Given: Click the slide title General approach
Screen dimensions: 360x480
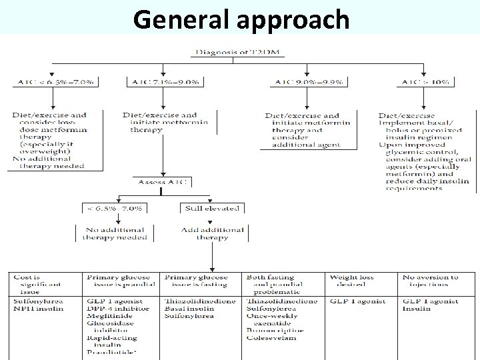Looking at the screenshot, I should pyautogui.click(x=241, y=19).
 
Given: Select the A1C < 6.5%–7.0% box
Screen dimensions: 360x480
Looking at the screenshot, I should pyautogui.click(x=55, y=82).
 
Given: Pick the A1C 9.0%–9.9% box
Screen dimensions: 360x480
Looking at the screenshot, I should pyautogui.click(x=307, y=82).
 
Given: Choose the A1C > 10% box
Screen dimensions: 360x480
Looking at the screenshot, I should pyautogui.click(x=425, y=82).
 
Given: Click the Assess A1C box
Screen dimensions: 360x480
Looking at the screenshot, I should pyautogui.click(x=163, y=182).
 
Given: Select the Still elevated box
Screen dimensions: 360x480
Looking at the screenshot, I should pyautogui.click(x=211, y=208).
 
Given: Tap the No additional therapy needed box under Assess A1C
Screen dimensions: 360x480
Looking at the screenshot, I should pyautogui.click(x=115, y=233).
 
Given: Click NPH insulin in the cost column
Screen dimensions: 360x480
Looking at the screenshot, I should pyautogui.click(x=39, y=309).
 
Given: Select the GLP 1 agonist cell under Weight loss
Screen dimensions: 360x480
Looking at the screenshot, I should pyautogui.click(x=358, y=301).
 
